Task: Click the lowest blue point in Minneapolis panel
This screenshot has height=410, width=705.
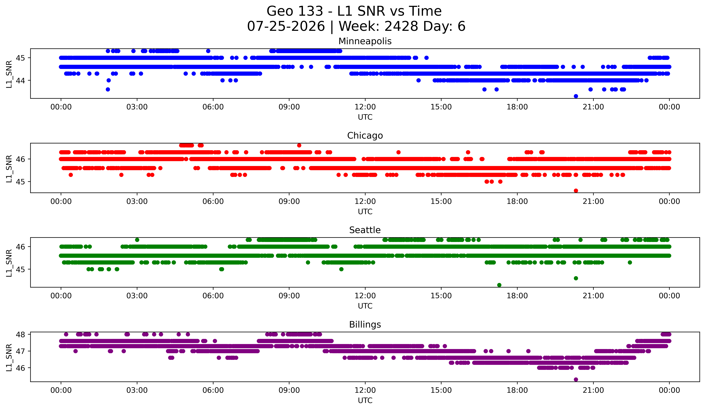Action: [x=576, y=96]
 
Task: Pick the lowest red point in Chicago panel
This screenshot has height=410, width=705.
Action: [x=576, y=191]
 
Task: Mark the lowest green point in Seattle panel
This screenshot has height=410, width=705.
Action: [x=499, y=285]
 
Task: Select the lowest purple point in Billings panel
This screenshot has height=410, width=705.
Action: [x=576, y=379]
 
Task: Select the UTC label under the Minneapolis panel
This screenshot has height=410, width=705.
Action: [x=365, y=117]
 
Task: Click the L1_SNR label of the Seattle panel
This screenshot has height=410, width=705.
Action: [x=9, y=263]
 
